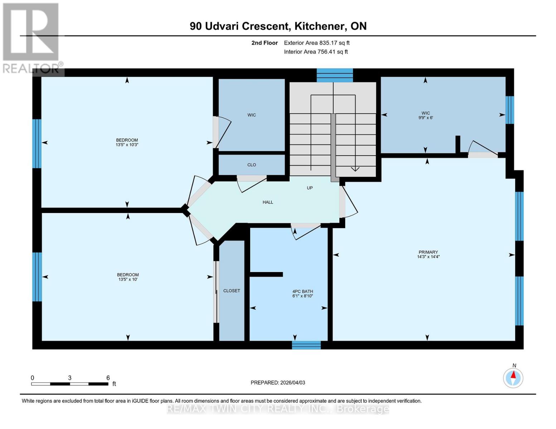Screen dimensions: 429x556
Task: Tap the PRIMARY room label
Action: tap(428, 252)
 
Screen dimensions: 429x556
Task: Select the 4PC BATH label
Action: tap(303, 291)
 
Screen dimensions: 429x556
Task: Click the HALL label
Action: tap(268, 202)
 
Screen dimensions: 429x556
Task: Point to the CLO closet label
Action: tap(252, 165)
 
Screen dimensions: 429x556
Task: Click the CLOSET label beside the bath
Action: tap(232, 291)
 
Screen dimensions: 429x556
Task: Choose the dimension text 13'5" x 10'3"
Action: tap(127, 145)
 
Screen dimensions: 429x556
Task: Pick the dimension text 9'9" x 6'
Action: tap(426, 118)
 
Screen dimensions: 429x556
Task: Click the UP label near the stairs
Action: tap(310, 188)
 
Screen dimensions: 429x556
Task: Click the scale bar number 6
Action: tap(108, 378)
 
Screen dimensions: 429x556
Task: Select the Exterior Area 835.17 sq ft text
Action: tap(316, 43)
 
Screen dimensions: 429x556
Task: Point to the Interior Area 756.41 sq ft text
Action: tap(316, 52)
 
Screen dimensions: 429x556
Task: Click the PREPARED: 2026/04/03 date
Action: tap(278, 383)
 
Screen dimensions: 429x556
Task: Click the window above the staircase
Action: tap(335, 75)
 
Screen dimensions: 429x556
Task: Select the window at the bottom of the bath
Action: tap(306, 345)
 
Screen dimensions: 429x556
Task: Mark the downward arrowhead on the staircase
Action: tap(355, 169)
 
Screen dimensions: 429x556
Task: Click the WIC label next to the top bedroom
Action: tap(252, 115)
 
